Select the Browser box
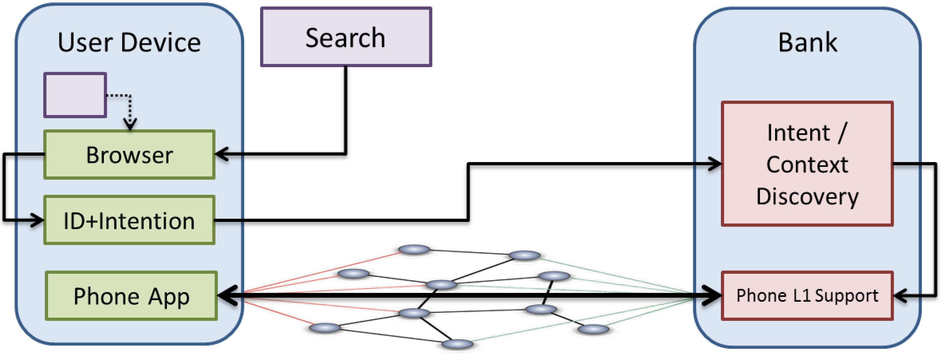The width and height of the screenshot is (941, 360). click(129, 155)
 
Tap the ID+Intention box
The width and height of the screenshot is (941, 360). click(129, 220)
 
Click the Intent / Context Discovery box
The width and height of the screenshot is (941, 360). click(807, 164)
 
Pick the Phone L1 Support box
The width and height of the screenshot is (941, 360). click(807, 296)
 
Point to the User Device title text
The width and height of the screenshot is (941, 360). click(129, 42)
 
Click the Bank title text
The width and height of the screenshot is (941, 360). click(808, 42)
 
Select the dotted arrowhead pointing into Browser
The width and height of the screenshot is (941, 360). click(130, 124)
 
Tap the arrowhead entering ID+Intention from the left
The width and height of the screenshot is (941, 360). click(37, 220)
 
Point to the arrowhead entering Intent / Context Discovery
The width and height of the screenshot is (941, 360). click(715, 163)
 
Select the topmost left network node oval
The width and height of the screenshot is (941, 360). click(414, 250)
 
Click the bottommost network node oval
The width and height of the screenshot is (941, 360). click(457, 344)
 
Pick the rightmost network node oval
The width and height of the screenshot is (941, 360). click(593, 329)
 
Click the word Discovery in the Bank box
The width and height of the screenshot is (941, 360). click(807, 197)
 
